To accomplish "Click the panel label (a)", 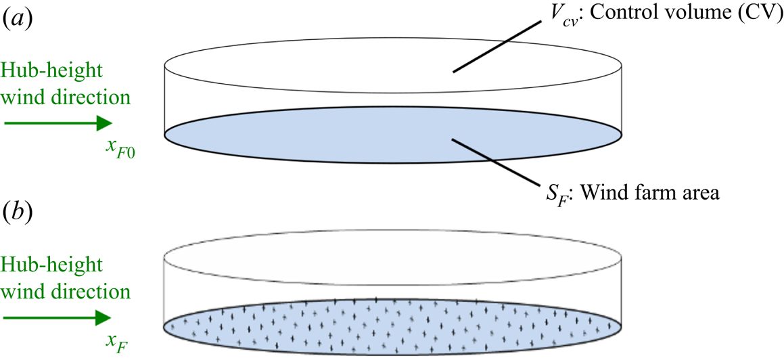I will pyautogui.click(x=14, y=20).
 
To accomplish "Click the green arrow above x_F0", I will pyautogui.click(x=58, y=122).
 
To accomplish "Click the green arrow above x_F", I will pyautogui.click(x=58, y=317).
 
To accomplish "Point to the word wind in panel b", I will pyautogui.click(x=24, y=292).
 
